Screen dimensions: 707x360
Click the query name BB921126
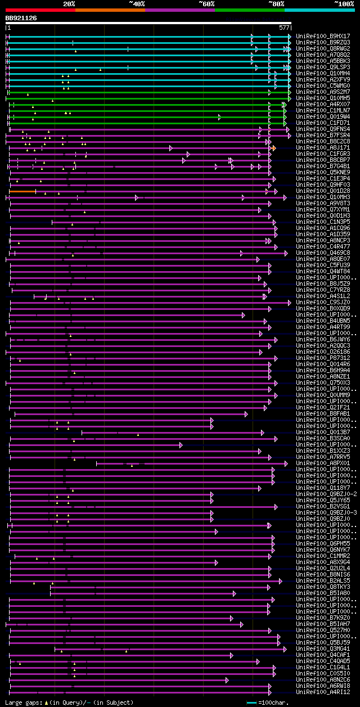coord(21,18)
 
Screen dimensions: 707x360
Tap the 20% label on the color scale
coord(69,4)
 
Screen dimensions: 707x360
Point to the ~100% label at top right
coord(344,4)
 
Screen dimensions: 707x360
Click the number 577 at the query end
coord(284,28)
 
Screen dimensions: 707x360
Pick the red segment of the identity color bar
coord(40,10)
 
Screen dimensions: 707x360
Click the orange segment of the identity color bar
coord(110,10)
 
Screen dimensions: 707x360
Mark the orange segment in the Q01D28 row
coord(22,191)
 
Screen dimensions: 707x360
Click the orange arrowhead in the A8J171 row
coord(274,148)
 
